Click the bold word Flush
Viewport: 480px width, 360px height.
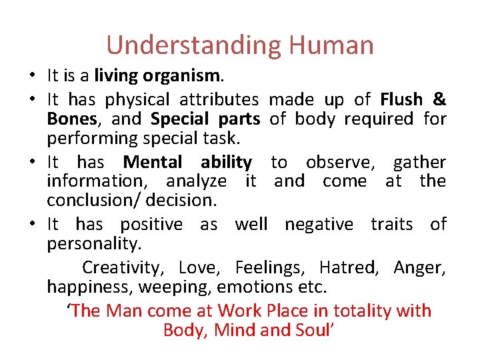click(x=401, y=100)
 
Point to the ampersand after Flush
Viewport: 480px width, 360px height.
click(x=439, y=100)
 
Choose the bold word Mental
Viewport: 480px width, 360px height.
click(x=153, y=162)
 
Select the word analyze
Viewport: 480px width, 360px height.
click(x=197, y=181)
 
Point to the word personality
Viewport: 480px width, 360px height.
click(x=93, y=244)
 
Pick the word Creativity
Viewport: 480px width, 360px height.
click(x=122, y=268)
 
